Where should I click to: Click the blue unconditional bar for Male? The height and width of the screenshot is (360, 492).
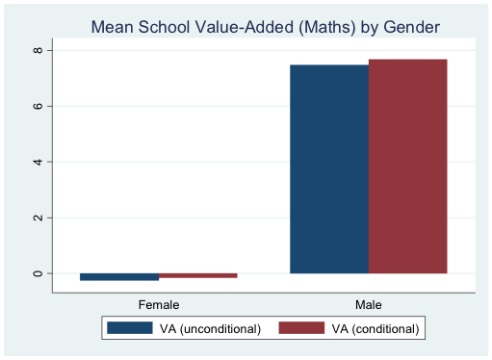click(x=329, y=169)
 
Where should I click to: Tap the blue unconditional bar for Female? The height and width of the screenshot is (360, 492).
click(x=119, y=277)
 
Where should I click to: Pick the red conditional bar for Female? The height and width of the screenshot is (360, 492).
click(x=197, y=275)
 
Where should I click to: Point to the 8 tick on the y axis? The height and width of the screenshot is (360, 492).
click(x=36, y=49)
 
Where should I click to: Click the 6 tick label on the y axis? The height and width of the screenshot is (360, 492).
click(x=36, y=106)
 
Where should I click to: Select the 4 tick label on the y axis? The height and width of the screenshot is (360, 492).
click(x=36, y=162)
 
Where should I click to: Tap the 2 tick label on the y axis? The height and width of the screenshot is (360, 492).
click(x=36, y=218)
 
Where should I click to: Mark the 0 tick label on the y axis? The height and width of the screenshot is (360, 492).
click(x=36, y=273)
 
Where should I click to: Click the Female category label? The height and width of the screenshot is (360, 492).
click(x=159, y=305)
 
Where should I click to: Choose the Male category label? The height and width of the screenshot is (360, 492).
click(x=368, y=305)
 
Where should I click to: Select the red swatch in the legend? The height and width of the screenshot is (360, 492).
click(x=300, y=328)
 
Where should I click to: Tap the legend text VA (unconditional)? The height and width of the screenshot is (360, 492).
click(x=210, y=328)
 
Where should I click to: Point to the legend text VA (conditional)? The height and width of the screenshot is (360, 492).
click(x=375, y=328)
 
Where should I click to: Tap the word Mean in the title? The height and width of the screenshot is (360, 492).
click(x=111, y=27)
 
